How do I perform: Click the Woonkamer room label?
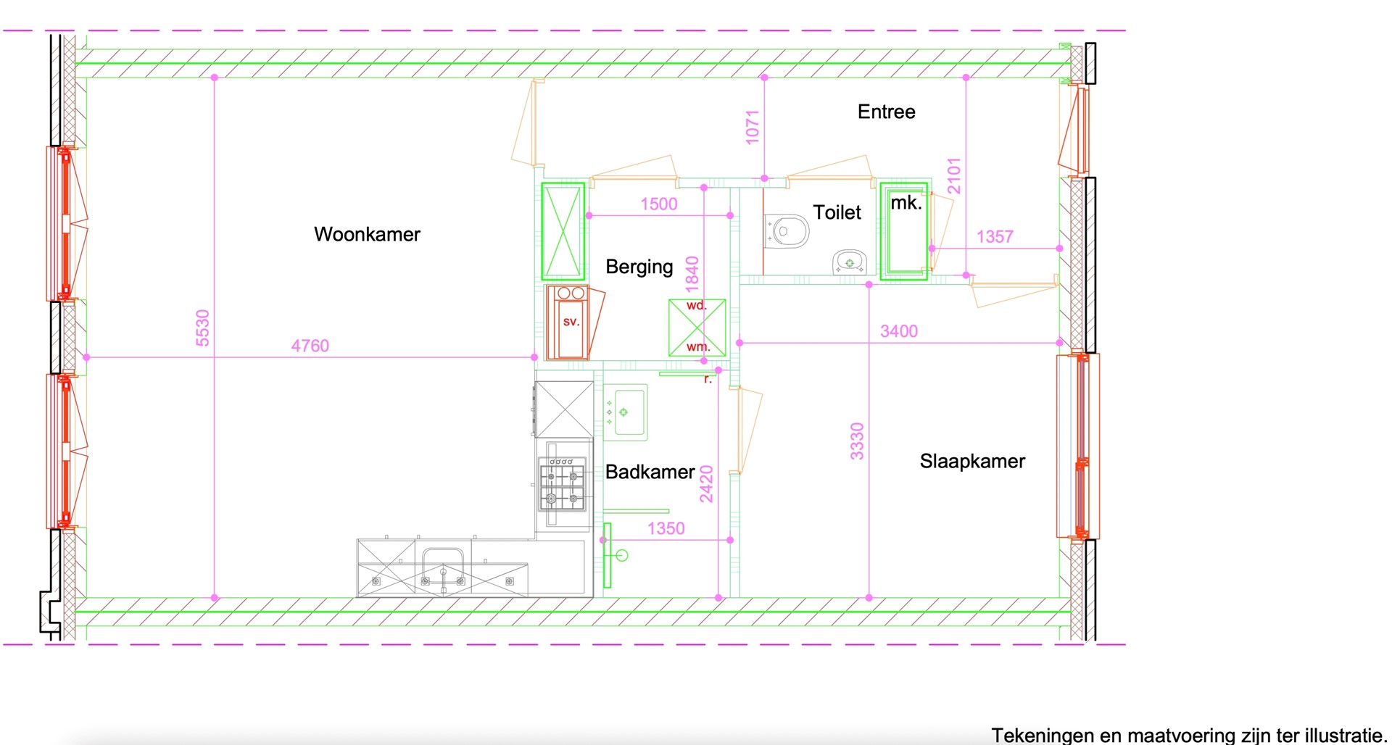[367, 234]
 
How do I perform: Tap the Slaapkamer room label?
[972, 462]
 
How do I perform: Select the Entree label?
[886, 112]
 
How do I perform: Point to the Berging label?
[639, 267]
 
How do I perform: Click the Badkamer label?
[650, 472]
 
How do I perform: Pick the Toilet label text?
[837, 212]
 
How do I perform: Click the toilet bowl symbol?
[787, 231]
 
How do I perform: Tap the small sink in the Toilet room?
[849, 262]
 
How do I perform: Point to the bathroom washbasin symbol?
[625, 412]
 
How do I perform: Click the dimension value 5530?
[202, 328]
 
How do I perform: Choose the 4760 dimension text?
[310, 346]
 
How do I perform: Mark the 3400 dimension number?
[898, 331]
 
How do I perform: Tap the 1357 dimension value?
[994, 236]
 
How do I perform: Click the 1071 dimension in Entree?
[753, 127]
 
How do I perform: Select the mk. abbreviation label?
[906, 203]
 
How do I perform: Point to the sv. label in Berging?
[571, 321]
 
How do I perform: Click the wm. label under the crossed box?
[697, 346]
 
